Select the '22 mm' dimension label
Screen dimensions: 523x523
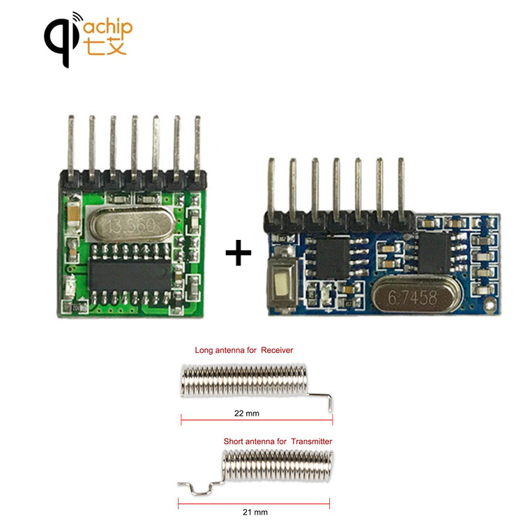click(x=247, y=414)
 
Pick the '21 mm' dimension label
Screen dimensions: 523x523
click(x=255, y=513)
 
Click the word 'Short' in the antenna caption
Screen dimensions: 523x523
click(x=234, y=441)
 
